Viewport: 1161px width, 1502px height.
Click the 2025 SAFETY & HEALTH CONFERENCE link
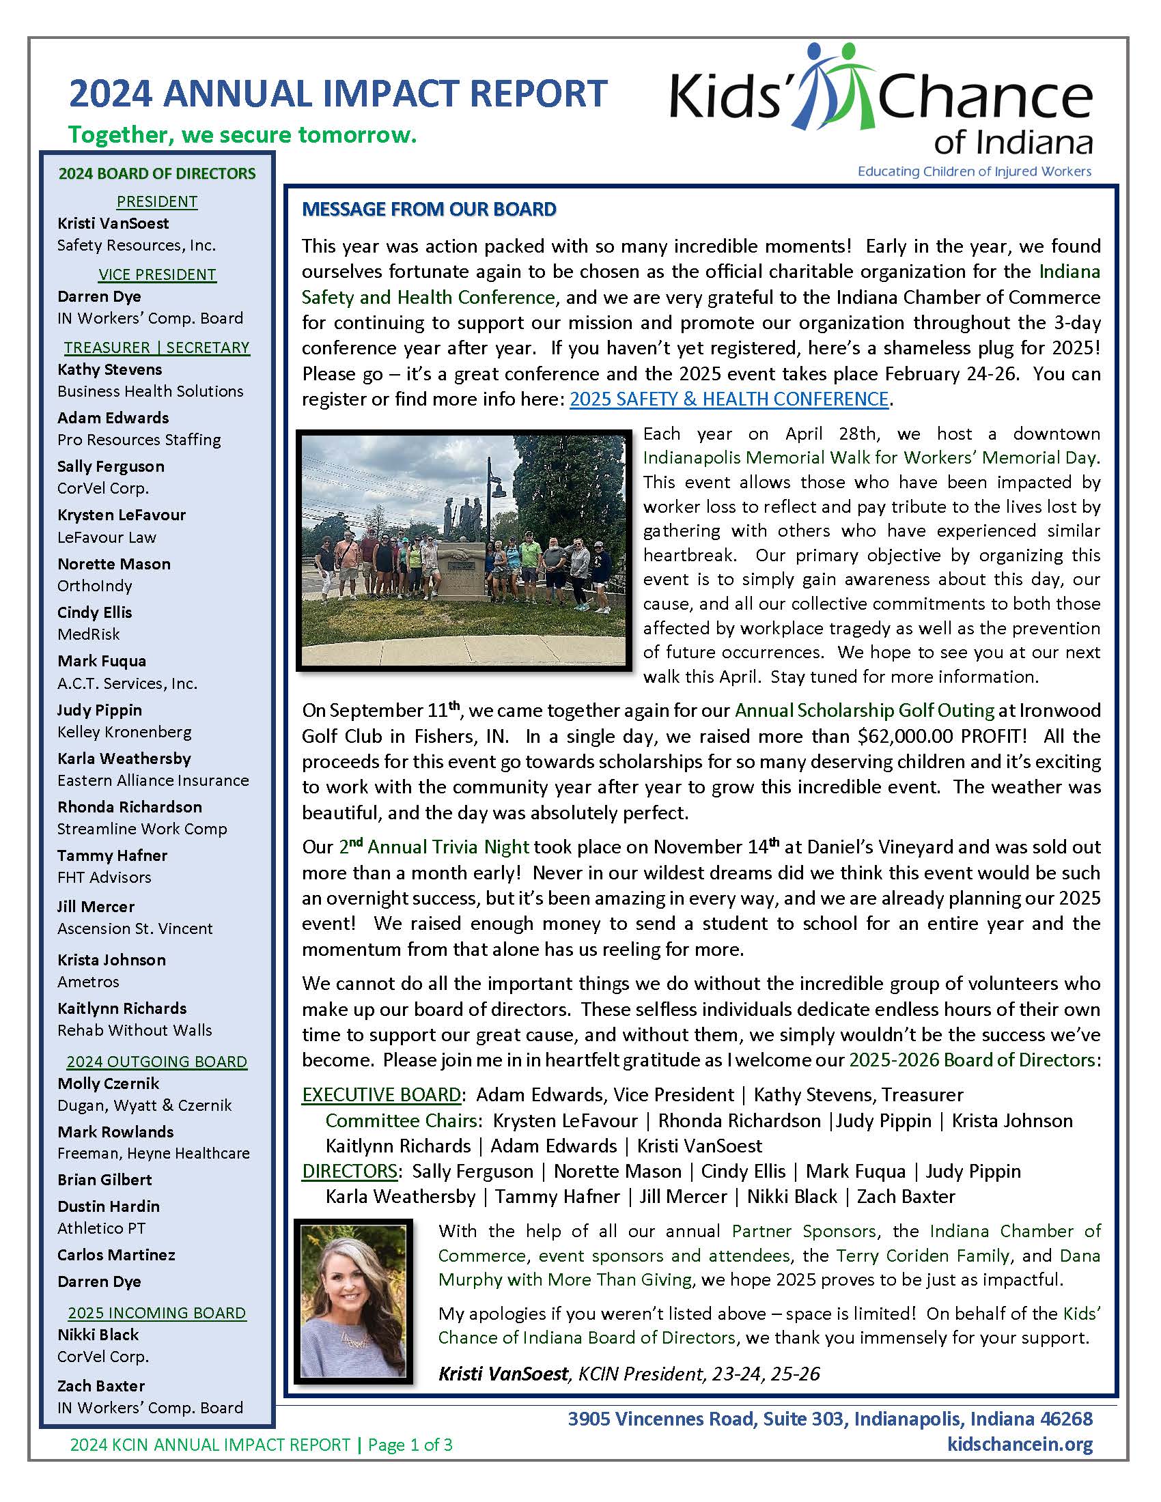(x=729, y=399)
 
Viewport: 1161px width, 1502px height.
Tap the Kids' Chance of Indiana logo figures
(x=834, y=86)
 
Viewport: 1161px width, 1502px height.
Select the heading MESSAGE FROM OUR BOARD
(x=428, y=210)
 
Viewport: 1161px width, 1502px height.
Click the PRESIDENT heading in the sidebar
(x=157, y=201)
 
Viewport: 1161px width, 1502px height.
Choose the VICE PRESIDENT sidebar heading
(x=157, y=274)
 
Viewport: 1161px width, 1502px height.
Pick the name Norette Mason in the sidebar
(x=114, y=564)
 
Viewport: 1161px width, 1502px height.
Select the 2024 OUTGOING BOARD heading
(x=157, y=1062)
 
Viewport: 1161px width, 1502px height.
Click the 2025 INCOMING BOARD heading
(x=157, y=1313)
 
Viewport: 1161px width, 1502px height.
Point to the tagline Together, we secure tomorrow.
(x=242, y=134)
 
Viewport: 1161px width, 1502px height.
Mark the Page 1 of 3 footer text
(x=410, y=1445)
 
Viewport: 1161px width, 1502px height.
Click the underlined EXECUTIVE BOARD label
(x=381, y=1095)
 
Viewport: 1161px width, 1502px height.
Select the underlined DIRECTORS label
(x=350, y=1171)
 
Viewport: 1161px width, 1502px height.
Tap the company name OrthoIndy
(x=95, y=586)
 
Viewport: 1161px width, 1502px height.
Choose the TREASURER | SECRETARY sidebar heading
(x=157, y=348)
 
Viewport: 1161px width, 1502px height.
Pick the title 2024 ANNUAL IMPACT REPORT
(x=337, y=94)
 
